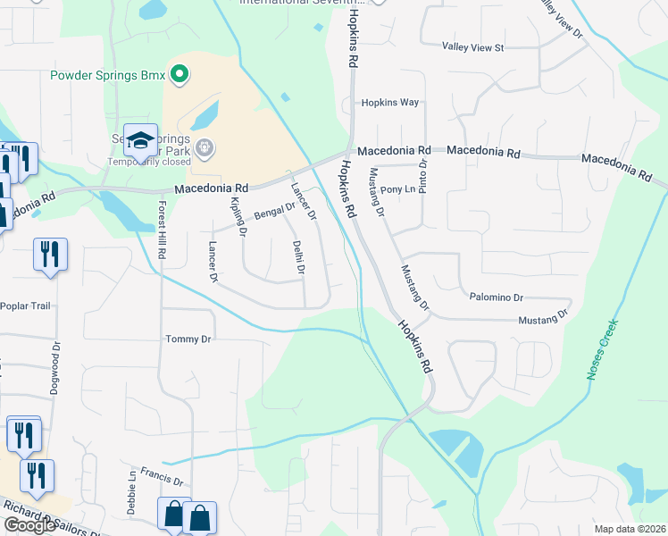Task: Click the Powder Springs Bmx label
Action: [x=108, y=75]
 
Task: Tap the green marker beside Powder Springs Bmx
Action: [x=179, y=74]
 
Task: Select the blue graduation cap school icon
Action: [x=140, y=139]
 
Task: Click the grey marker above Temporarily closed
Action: [x=205, y=146]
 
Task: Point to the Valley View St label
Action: [x=473, y=46]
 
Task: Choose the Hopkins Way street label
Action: [x=389, y=103]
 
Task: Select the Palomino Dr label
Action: [x=493, y=297]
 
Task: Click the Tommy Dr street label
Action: [x=188, y=339]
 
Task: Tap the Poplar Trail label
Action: [x=28, y=306]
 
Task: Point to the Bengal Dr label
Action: [x=274, y=212]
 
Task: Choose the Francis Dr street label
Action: [x=162, y=479]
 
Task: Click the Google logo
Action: [x=29, y=525]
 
